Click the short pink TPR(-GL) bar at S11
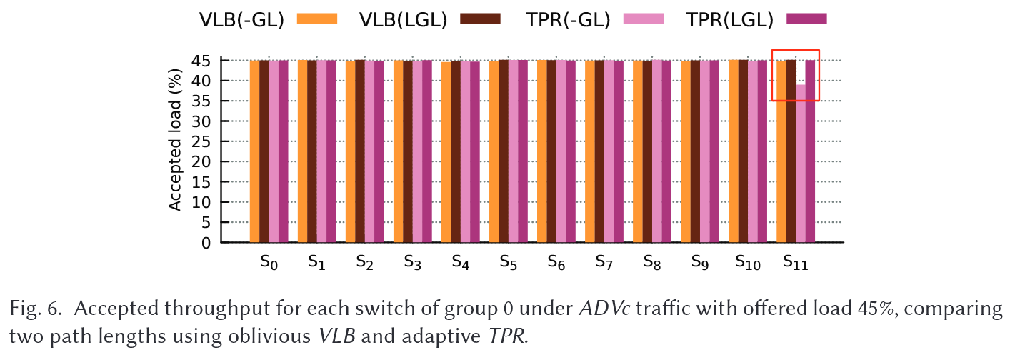[801, 164]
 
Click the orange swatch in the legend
[316, 19]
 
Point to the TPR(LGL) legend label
[730, 20]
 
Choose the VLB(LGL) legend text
[403, 20]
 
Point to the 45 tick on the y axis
[201, 61]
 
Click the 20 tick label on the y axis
[201, 162]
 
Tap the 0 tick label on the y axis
[206, 243]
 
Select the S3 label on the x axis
[412, 263]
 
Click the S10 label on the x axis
[749, 263]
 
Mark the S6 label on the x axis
[556, 263]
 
